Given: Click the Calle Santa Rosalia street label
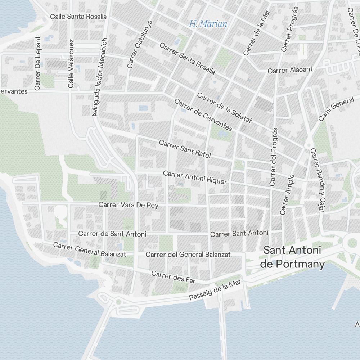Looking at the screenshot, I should click(78, 17).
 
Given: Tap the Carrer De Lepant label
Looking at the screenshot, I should click(37, 63).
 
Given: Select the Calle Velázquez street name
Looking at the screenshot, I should click(71, 64).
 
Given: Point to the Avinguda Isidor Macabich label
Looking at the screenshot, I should click(100, 77).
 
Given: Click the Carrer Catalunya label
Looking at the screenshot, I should click(140, 44).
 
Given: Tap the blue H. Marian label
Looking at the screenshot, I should click(208, 24).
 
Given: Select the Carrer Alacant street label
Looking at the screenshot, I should click(290, 70).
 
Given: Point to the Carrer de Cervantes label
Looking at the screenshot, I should click(203, 114).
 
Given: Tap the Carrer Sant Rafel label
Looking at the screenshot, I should click(185, 149).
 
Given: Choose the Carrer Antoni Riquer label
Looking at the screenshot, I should click(195, 177).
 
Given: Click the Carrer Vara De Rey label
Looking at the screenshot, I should click(128, 205).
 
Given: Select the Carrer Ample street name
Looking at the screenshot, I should click(287, 194).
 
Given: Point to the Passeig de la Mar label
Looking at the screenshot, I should click(215, 291).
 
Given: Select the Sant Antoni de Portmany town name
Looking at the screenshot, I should click(292, 257).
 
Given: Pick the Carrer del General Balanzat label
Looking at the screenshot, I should click(188, 255).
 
